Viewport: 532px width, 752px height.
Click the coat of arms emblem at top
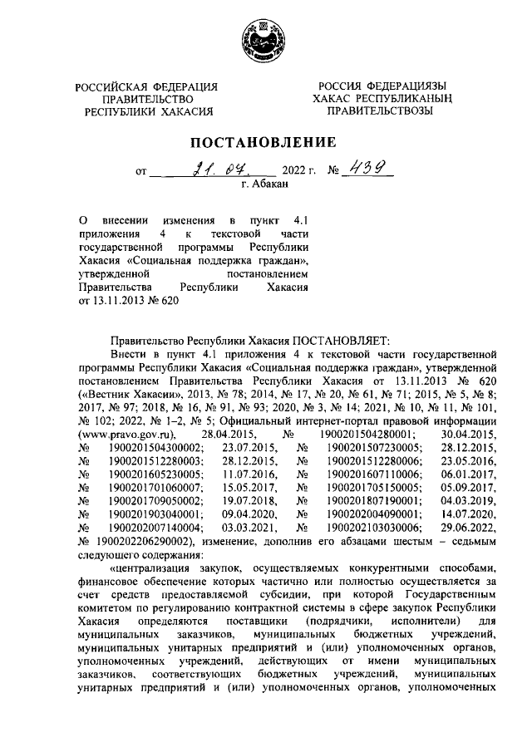tap(265, 38)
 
